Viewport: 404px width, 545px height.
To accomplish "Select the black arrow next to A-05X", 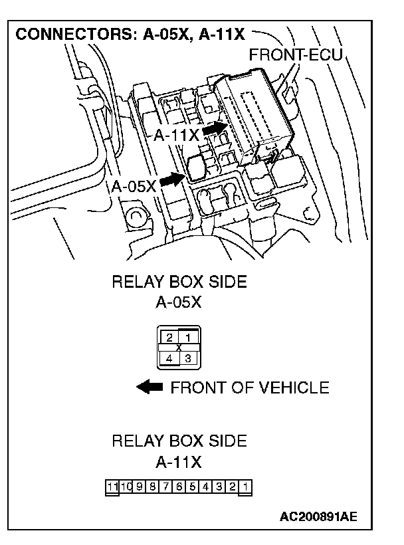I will click(173, 179).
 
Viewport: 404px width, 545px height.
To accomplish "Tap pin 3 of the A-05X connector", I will click(188, 358).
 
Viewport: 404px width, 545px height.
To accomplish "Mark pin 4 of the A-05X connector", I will click(170, 358).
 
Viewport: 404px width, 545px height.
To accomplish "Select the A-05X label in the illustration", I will click(134, 187).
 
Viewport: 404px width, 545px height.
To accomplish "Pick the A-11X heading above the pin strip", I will click(179, 461).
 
